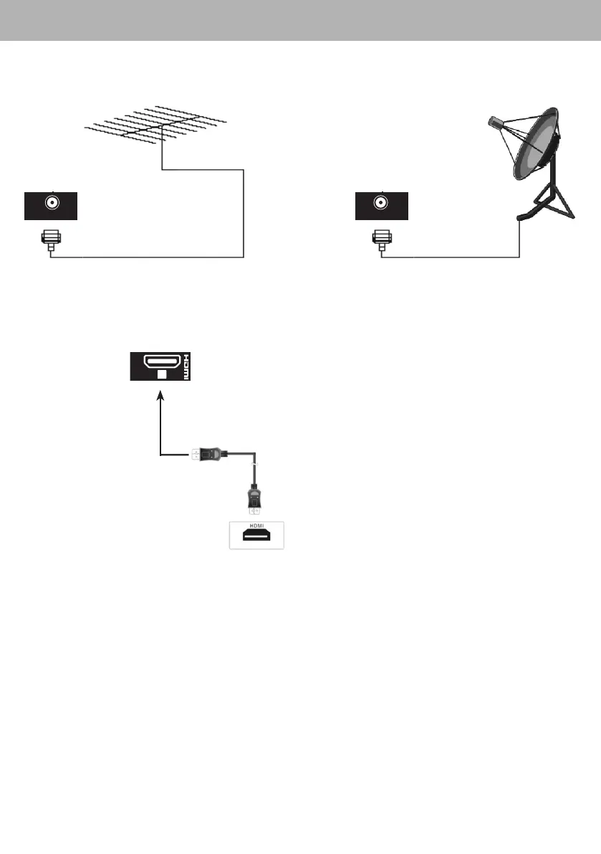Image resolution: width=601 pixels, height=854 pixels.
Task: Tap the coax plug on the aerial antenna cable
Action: [x=50, y=238]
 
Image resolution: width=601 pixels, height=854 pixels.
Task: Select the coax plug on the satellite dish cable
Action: [x=382, y=238]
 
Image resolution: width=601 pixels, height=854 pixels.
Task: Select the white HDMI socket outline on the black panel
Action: [x=161, y=360]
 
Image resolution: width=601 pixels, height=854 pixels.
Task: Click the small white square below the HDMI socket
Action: [x=161, y=374]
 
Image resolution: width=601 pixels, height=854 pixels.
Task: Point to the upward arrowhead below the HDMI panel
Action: [x=161, y=394]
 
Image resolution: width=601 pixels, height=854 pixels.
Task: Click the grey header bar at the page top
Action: [x=300, y=20]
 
